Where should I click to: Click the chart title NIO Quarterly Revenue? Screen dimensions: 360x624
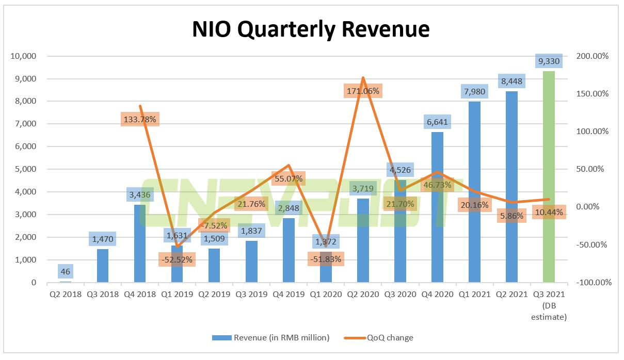(311, 29)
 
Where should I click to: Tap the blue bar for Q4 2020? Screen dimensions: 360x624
(437, 232)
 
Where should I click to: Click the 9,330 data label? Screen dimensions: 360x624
(548, 61)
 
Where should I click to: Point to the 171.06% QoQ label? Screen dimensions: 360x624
(363, 91)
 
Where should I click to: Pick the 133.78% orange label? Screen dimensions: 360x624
(140, 119)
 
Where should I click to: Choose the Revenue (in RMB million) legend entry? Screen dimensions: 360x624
(270, 338)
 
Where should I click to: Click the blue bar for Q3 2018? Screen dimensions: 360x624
(103, 266)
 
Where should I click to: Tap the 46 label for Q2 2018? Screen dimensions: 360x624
(65, 271)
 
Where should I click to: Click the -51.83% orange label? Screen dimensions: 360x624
(325, 259)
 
